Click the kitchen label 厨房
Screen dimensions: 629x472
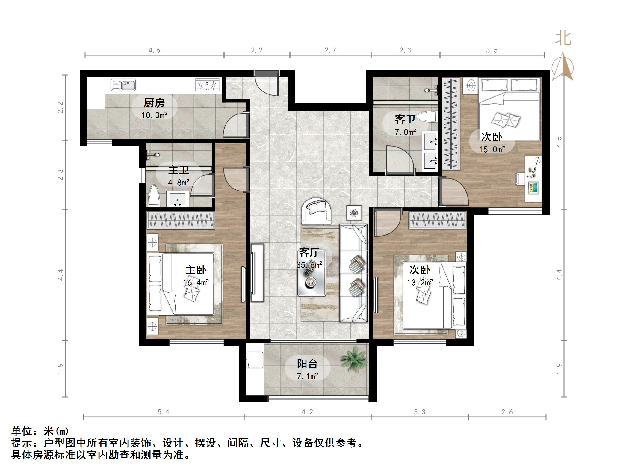tap(154, 103)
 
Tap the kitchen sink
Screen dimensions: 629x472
tap(123, 85)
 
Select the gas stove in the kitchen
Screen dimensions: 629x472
tap(207, 85)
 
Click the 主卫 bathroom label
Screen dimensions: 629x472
tap(179, 170)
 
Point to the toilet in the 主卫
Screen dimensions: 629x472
tap(154, 196)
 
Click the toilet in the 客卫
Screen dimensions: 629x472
tap(427, 117)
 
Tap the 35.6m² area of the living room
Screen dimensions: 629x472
tap(309, 265)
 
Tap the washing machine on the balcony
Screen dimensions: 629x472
tap(255, 360)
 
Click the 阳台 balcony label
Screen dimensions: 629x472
tap(307, 364)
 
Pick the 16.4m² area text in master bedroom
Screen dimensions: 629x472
tap(196, 282)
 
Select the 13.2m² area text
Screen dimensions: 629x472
tap(420, 282)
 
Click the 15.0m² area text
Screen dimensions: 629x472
tap(492, 149)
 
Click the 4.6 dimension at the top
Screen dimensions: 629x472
tap(154, 50)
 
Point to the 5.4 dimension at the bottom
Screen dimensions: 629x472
tap(163, 412)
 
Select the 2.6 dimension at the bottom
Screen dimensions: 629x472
tap(507, 412)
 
